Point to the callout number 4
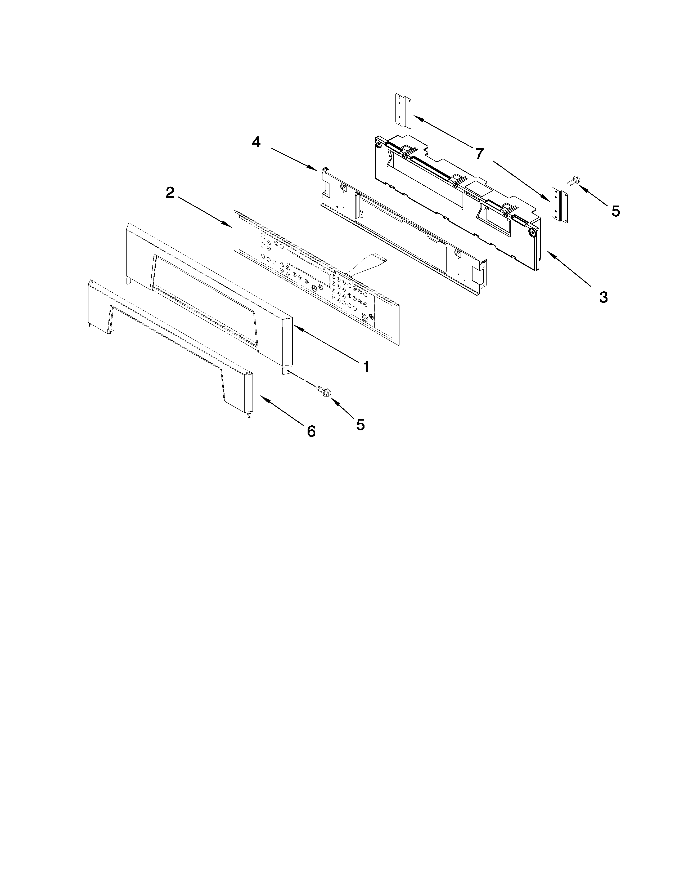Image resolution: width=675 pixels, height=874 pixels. pyautogui.click(x=256, y=142)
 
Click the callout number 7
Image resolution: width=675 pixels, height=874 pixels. pyautogui.click(x=479, y=153)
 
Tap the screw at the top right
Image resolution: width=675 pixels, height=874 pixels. pyautogui.click(x=572, y=182)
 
